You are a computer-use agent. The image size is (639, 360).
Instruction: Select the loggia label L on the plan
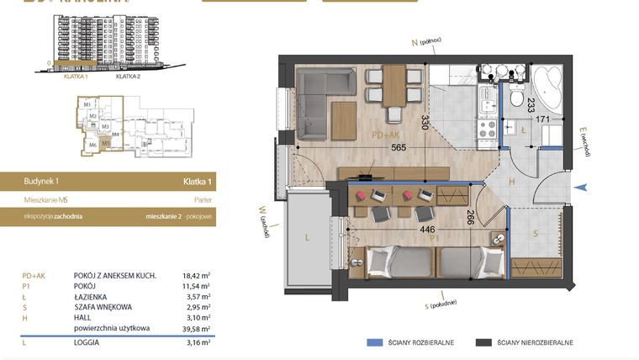308,238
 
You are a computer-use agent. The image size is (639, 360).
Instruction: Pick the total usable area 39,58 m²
197,329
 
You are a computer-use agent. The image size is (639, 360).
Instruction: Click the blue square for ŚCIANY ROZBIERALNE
372,343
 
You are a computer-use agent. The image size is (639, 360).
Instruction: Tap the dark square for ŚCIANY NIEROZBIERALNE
483,343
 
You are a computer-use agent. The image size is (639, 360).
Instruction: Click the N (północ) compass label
425,41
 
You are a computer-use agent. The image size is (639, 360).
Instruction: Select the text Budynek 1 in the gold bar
41,181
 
